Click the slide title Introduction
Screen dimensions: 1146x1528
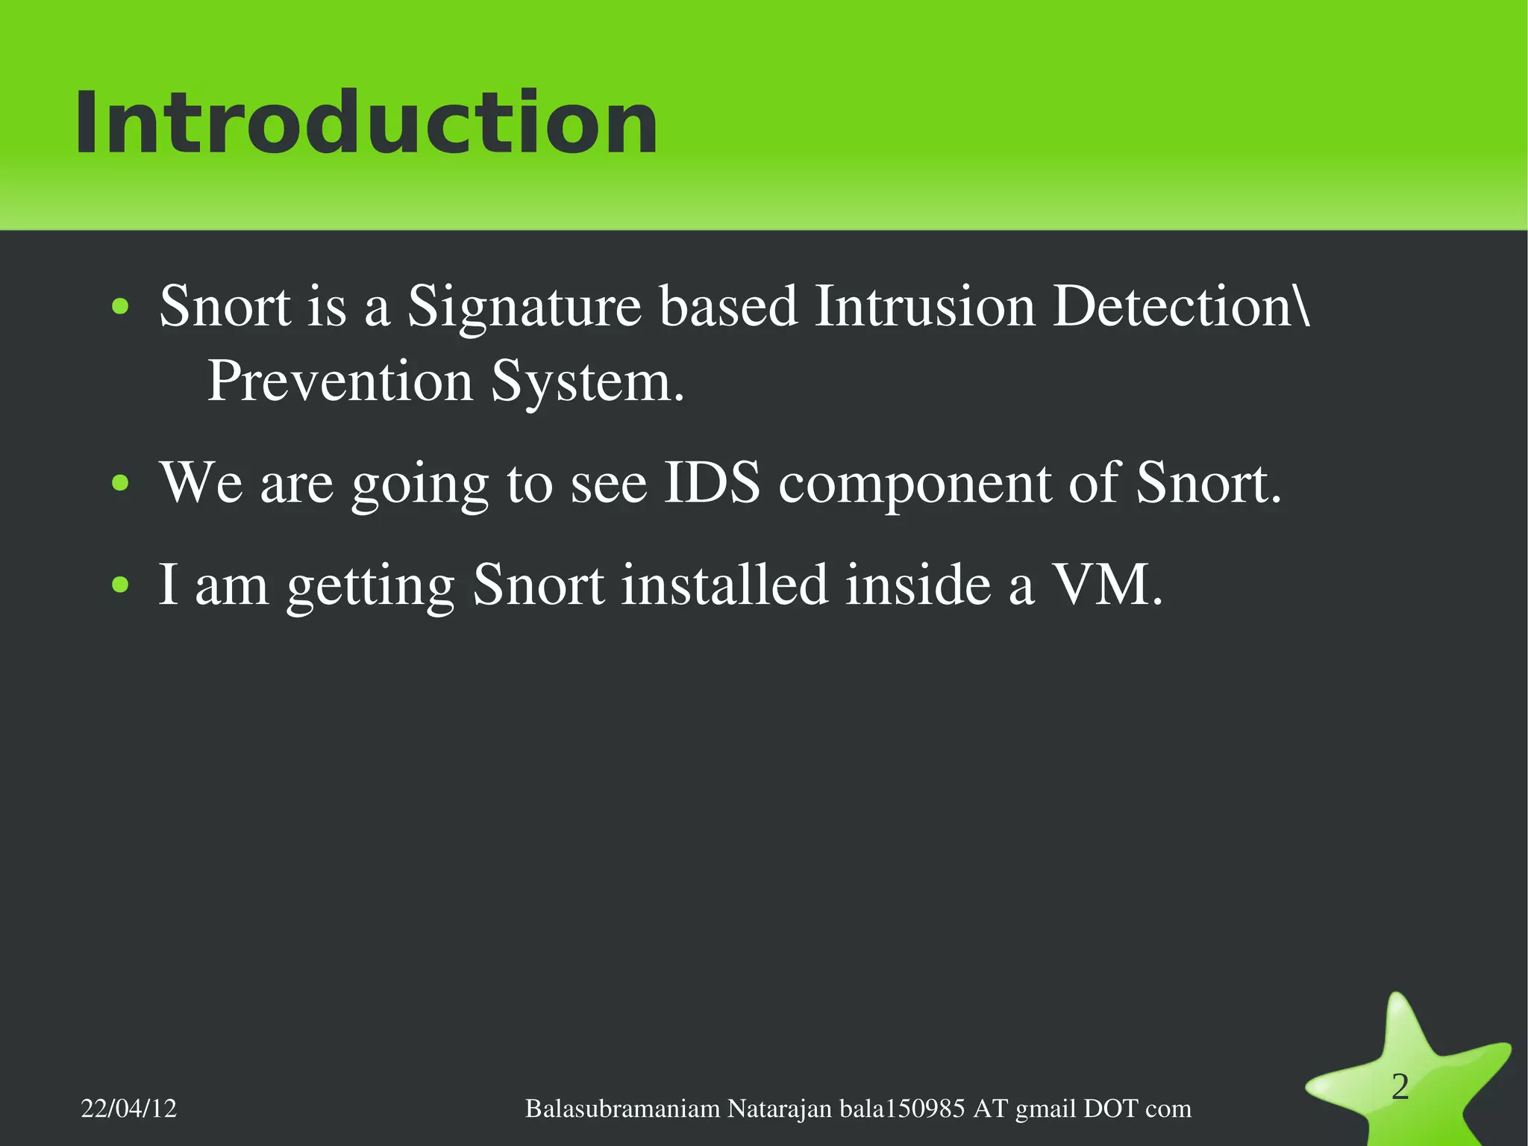tap(366, 123)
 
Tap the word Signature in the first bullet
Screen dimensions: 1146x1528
tap(524, 308)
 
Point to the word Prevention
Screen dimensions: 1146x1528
tap(339, 382)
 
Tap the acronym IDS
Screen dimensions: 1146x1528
tap(712, 483)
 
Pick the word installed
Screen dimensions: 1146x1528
tap(724, 585)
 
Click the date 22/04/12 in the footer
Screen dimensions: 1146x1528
tap(128, 1109)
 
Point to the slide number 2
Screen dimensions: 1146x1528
tap(1400, 1087)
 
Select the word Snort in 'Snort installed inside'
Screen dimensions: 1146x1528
tap(538, 585)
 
